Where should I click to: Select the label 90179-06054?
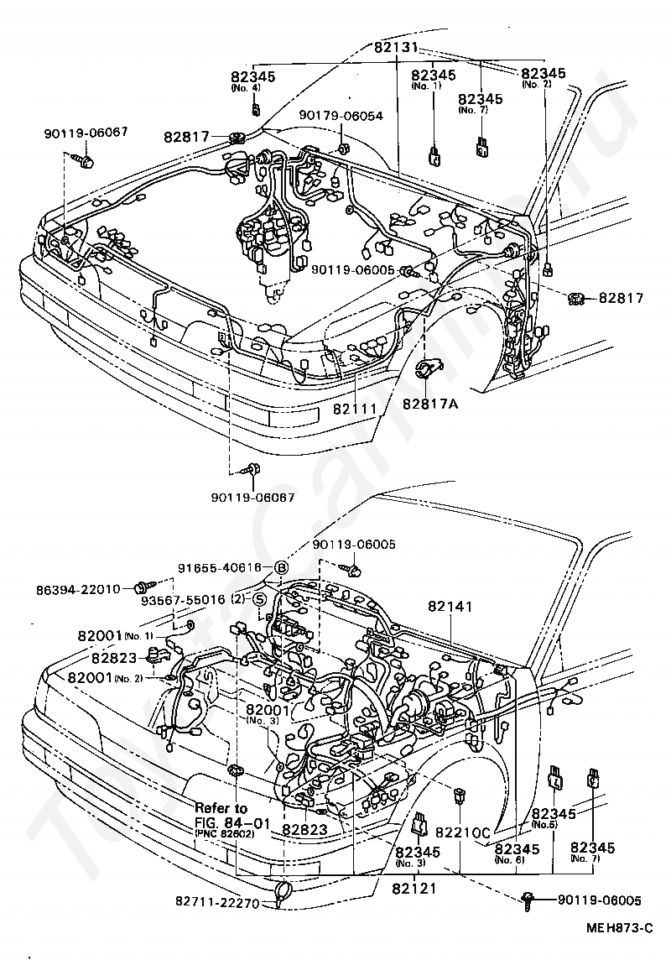[342, 116]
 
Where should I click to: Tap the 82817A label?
[430, 404]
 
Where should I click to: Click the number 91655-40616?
[220, 567]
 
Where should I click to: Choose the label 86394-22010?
[79, 589]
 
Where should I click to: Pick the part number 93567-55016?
[183, 600]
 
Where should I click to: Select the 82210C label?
[462, 833]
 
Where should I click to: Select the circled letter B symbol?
[281, 567]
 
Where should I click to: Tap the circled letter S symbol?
[260, 599]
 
